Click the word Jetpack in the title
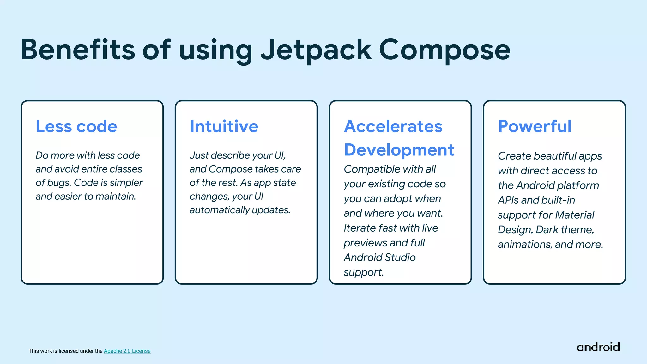316,50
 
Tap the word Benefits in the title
78,50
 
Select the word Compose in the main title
444,50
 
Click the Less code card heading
76,126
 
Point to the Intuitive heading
224,126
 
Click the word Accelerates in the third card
393,126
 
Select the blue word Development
399,150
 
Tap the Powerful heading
535,126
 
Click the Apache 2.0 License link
127,351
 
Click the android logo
598,347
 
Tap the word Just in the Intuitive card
199,155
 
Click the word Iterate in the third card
360,228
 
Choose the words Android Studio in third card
379,258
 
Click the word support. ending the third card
363,272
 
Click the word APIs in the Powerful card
508,200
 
